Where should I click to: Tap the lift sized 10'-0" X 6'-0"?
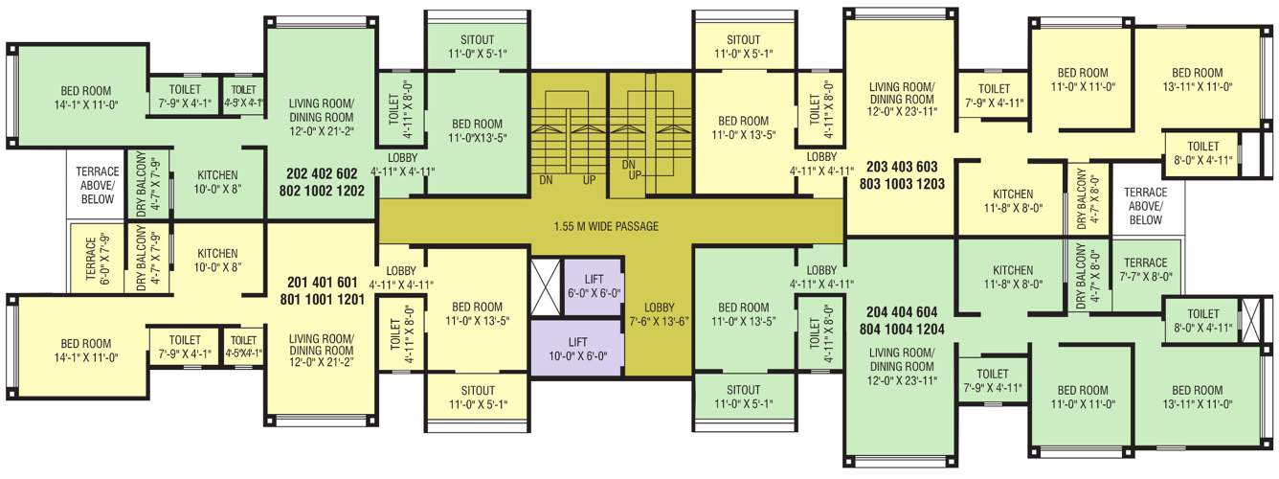pyautogui.click(x=576, y=348)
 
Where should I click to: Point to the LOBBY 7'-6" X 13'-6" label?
pyautogui.click(x=660, y=313)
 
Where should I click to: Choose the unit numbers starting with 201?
pyautogui.click(x=326, y=290)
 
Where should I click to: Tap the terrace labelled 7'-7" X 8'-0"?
pyautogui.click(x=1146, y=269)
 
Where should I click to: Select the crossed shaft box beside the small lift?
pyautogui.click(x=544, y=287)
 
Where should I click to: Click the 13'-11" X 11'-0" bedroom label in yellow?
pyautogui.click(x=1197, y=80)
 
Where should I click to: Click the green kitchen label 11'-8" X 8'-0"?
pyautogui.click(x=1012, y=277)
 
